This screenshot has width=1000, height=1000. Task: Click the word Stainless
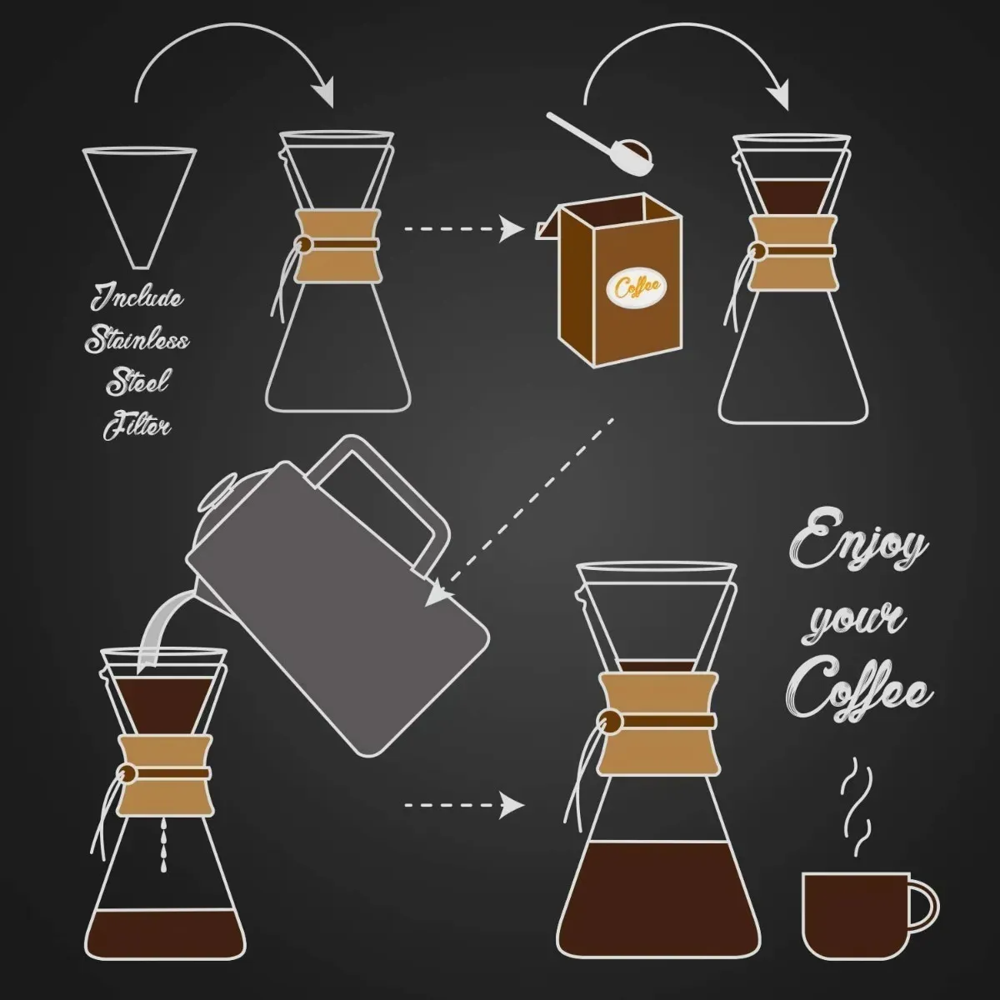coord(137,340)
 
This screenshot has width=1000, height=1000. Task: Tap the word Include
coord(137,297)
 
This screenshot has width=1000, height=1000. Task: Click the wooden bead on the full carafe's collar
coord(612,721)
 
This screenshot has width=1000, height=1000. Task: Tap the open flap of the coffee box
coord(550,223)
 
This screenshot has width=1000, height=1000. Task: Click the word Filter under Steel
coord(137,427)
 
